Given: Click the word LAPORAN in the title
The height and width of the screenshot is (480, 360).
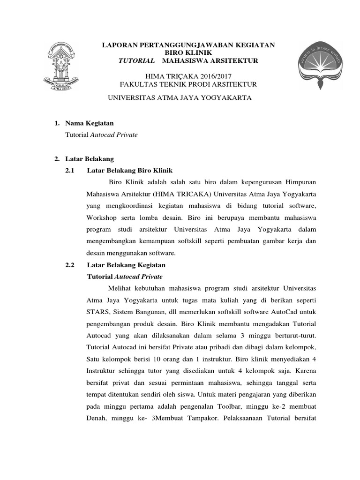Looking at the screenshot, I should [120, 45].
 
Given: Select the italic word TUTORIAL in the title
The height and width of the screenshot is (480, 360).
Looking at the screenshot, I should [136, 61].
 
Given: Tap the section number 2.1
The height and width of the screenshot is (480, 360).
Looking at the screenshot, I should [70, 170].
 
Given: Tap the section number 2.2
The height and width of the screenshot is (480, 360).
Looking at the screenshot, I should [70, 265].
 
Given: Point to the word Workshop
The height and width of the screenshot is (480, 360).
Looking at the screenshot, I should [101, 218].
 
